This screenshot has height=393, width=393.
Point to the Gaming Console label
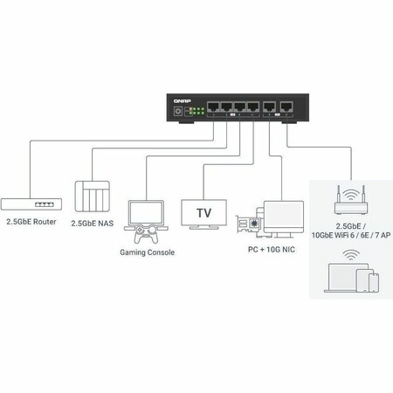pyautogui.click(x=147, y=252)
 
